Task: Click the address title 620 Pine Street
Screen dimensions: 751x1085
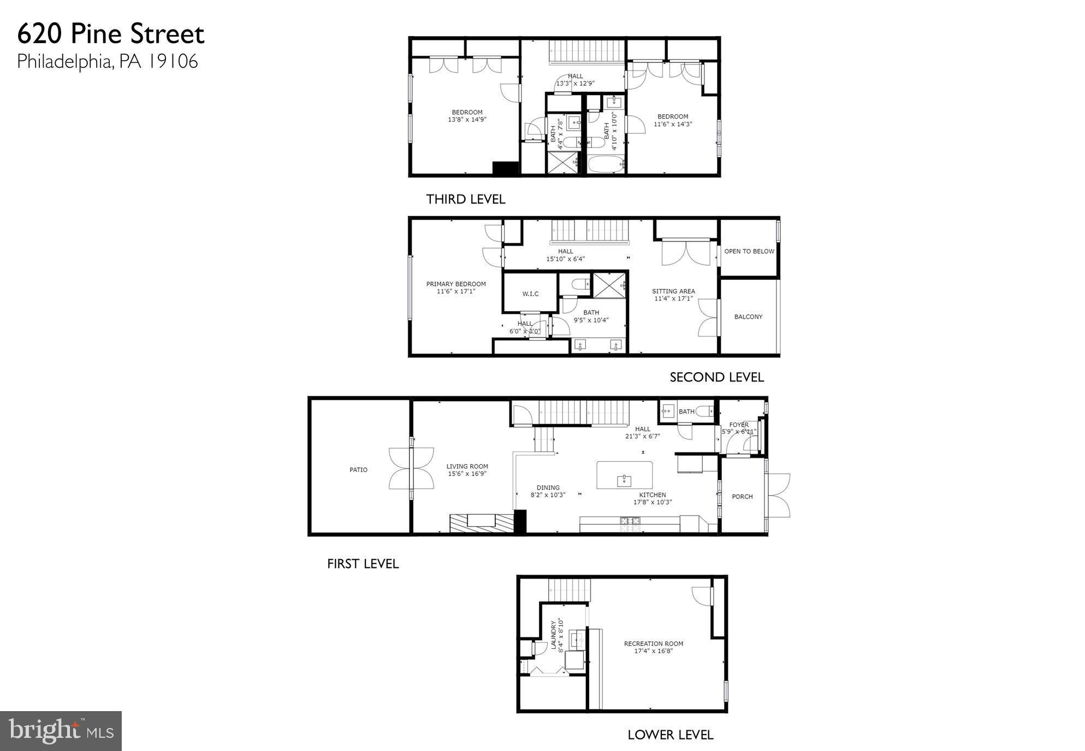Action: click(111, 34)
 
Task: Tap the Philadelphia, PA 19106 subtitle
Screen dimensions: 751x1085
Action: click(108, 61)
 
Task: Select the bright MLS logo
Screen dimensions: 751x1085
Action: click(61, 731)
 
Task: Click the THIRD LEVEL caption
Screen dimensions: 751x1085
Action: click(465, 200)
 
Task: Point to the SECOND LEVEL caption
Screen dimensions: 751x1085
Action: click(716, 377)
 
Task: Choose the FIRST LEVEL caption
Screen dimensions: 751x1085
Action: click(363, 564)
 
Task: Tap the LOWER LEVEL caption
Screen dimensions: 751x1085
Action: click(670, 735)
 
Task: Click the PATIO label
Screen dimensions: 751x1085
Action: click(358, 470)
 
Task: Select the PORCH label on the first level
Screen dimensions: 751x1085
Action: click(742, 496)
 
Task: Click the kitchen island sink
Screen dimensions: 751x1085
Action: click(624, 480)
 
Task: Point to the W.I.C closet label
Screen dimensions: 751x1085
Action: click(530, 294)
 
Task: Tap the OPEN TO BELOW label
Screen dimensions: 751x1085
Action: click(749, 251)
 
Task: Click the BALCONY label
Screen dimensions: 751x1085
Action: click(748, 316)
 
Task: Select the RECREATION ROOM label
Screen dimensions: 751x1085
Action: click(653, 643)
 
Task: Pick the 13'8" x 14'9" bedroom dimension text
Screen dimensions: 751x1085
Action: click(466, 119)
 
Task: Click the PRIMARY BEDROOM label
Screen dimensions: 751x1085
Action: click(455, 284)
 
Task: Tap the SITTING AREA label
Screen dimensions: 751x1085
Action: click(673, 291)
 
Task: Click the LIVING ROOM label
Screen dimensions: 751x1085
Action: click(467, 466)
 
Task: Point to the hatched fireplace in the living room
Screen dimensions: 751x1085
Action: click(482, 523)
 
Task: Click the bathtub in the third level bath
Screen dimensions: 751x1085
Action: click(606, 164)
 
